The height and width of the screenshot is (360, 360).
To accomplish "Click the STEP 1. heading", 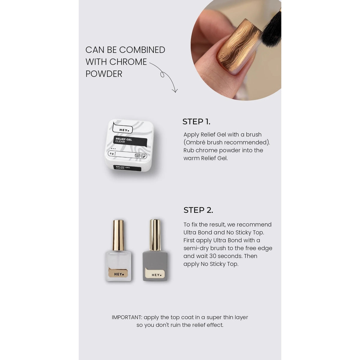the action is (196, 121).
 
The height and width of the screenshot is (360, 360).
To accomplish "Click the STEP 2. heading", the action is (198, 210).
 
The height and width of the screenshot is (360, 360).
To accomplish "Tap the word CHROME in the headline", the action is (128, 62).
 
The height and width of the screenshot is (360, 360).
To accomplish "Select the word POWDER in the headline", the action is (104, 74).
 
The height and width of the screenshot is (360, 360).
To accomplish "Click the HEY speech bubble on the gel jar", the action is (123, 128).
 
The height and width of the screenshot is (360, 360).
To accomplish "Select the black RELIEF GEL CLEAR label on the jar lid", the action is (130, 141).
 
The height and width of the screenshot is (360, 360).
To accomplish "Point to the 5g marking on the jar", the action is (112, 153).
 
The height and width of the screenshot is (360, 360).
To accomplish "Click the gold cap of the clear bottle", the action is (118, 235).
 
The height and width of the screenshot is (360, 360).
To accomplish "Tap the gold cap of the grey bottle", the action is (155, 235).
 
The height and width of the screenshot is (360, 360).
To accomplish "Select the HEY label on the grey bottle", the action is (155, 273).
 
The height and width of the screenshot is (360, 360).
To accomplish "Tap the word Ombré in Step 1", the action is (196, 142).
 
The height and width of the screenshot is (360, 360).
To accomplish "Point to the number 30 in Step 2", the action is (213, 256).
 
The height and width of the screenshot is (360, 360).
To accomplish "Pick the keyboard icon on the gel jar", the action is (137, 155).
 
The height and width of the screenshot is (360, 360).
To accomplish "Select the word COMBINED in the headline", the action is (142, 50).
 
